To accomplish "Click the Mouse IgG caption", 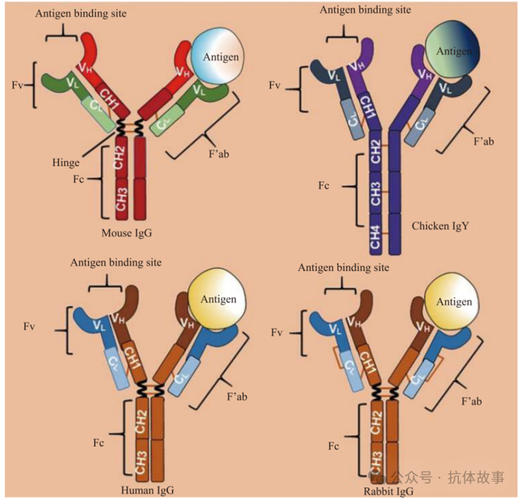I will (127, 233).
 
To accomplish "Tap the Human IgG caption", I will (147, 490).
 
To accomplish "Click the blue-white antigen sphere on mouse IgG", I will (220, 57).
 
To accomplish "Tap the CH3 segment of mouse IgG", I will (121, 198).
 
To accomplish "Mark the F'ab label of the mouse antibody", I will (219, 152).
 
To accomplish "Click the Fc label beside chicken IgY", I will (323, 186).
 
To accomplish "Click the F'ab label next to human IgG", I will (238, 397).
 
